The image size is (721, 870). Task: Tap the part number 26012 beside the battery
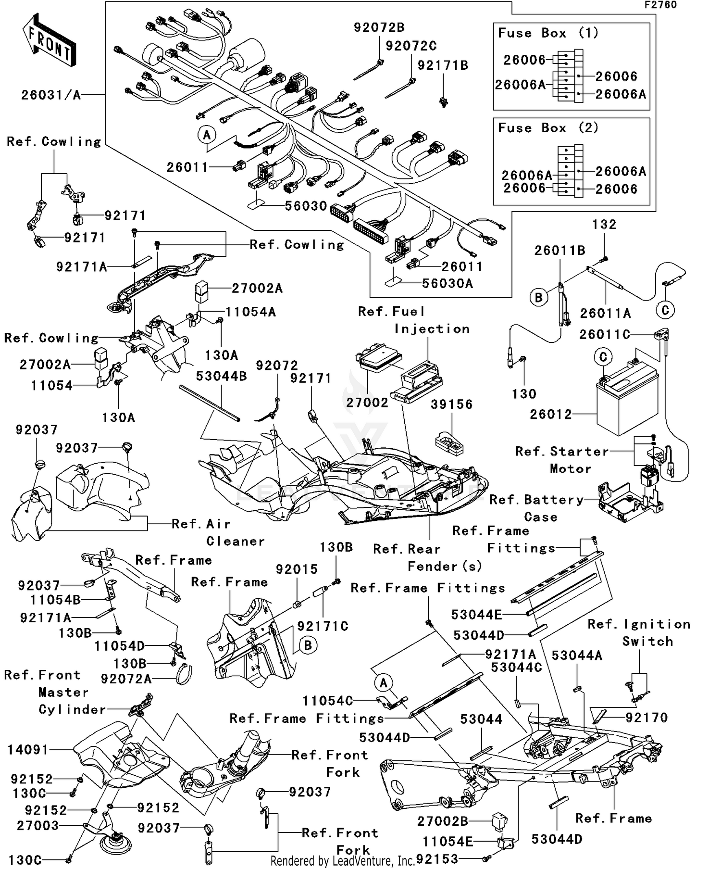tap(551, 415)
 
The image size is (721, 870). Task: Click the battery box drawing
tap(626, 399)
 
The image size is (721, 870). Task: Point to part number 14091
tap(28, 750)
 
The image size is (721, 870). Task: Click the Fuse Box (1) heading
tap(548, 33)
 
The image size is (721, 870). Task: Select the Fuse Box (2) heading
tap(548, 128)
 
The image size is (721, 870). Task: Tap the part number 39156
tap(451, 405)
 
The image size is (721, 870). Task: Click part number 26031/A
tap(51, 95)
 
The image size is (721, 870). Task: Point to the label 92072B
tap(379, 28)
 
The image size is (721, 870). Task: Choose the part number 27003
tap(37, 826)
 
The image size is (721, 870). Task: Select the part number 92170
tap(646, 718)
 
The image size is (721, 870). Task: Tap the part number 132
tap(604, 225)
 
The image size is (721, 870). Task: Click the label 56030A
tap(447, 284)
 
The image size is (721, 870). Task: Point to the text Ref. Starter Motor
tap(561, 460)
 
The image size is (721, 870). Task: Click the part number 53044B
tap(221, 376)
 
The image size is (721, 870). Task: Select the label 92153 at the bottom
tap(437, 859)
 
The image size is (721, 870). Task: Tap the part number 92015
tap(297, 569)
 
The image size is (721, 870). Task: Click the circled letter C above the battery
tap(603, 357)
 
